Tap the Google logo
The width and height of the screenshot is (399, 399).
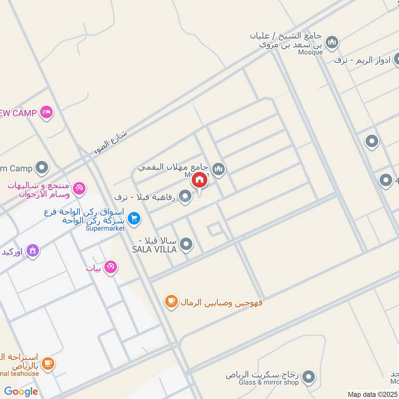coord(21,391)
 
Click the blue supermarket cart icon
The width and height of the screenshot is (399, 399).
coord(133,218)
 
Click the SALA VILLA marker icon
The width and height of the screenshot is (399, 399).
coord(186,244)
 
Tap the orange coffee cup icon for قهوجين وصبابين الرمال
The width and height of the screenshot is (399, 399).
coord(172,302)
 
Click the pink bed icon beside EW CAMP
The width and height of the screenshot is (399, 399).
coord(47,113)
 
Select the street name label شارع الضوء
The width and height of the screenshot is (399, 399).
coord(111,142)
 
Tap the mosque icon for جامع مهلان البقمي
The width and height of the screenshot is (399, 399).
coord(218,170)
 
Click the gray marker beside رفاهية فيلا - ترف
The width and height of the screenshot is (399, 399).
coord(185,197)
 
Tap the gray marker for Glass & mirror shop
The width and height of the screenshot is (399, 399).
coord(309,377)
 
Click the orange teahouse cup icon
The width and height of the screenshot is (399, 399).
coord(47,364)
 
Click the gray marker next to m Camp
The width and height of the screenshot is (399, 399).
coord(42,168)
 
